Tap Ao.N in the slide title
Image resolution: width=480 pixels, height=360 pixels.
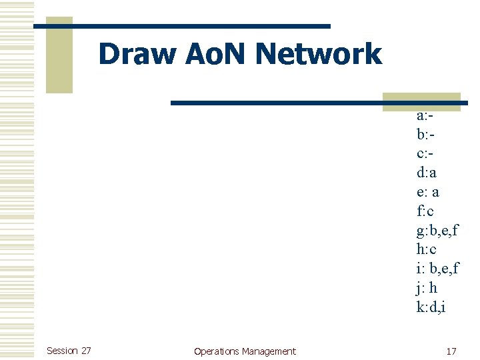coord(216,54)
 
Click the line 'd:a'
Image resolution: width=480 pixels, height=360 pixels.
coord(427,173)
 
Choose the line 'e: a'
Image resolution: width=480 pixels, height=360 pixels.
coord(428,193)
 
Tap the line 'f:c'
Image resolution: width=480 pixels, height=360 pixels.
coord(425,211)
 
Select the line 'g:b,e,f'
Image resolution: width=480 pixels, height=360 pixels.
coord(437,231)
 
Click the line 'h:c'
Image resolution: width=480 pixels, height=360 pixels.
coord(426,249)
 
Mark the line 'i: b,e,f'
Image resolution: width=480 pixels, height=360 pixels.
coord(437,269)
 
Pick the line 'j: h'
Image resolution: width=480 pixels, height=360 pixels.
coord(427,288)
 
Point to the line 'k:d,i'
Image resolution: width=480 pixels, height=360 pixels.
coord(431,307)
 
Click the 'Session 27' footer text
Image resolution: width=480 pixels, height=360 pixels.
coord(69,351)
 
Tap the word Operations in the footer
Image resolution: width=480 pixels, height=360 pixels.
coord(216,351)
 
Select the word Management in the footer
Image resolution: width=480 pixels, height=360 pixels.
coord(269,351)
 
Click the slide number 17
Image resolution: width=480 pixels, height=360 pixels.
coord(451,351)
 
